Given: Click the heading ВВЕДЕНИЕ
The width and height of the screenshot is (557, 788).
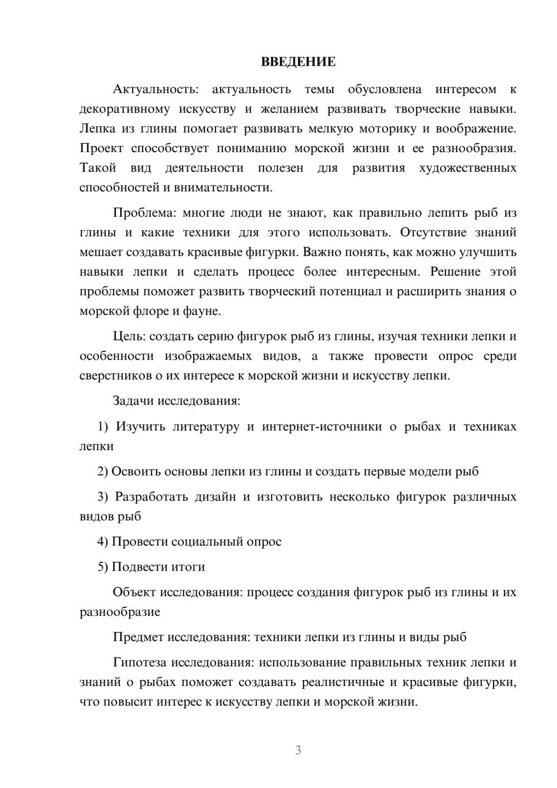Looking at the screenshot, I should [x=298, y=62].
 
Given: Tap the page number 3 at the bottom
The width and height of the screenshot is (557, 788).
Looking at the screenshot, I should [x=298, y=750].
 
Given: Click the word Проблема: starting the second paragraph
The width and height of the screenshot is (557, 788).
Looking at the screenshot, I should [x=144, y=213].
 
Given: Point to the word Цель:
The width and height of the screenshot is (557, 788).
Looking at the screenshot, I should [x=129, y=336].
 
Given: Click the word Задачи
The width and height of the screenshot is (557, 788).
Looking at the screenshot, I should [x=134, y=401].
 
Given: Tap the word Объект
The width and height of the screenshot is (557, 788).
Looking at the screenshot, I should [x=134, y=592].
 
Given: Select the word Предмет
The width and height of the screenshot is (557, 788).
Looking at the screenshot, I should [x=138, y=637].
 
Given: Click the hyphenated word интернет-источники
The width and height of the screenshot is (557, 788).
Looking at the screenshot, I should [x=322, y=426].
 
